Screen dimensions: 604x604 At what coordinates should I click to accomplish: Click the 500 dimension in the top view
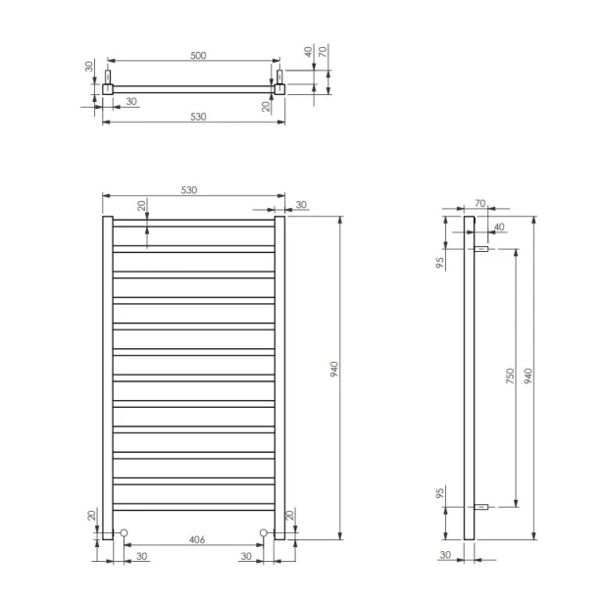point(198,56)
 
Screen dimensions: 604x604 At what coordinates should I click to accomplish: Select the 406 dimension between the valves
point(197,539)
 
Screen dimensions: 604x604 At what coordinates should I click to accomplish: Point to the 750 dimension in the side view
point(510,376)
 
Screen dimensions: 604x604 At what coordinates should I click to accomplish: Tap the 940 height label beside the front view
point(334,369)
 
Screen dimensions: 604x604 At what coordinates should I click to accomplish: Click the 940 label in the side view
point(528,376)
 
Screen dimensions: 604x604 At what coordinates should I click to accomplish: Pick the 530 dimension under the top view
point(198,117)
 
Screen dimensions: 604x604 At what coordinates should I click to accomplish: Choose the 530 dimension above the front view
point(188,190)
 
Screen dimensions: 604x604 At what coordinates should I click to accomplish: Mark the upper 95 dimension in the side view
point(440,263)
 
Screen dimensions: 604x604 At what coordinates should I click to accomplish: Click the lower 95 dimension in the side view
point(440,492)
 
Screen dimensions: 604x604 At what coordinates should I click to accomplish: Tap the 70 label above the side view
point(480,203)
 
